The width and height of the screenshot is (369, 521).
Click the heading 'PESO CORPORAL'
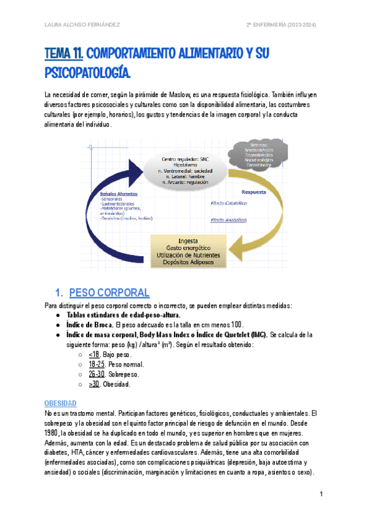109,292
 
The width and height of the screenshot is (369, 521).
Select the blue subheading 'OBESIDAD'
60,403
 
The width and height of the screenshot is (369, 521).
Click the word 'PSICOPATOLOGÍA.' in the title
88,73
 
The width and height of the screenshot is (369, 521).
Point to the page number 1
321,494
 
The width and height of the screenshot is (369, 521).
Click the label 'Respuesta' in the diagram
253,192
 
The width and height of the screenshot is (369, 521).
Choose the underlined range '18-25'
96,364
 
